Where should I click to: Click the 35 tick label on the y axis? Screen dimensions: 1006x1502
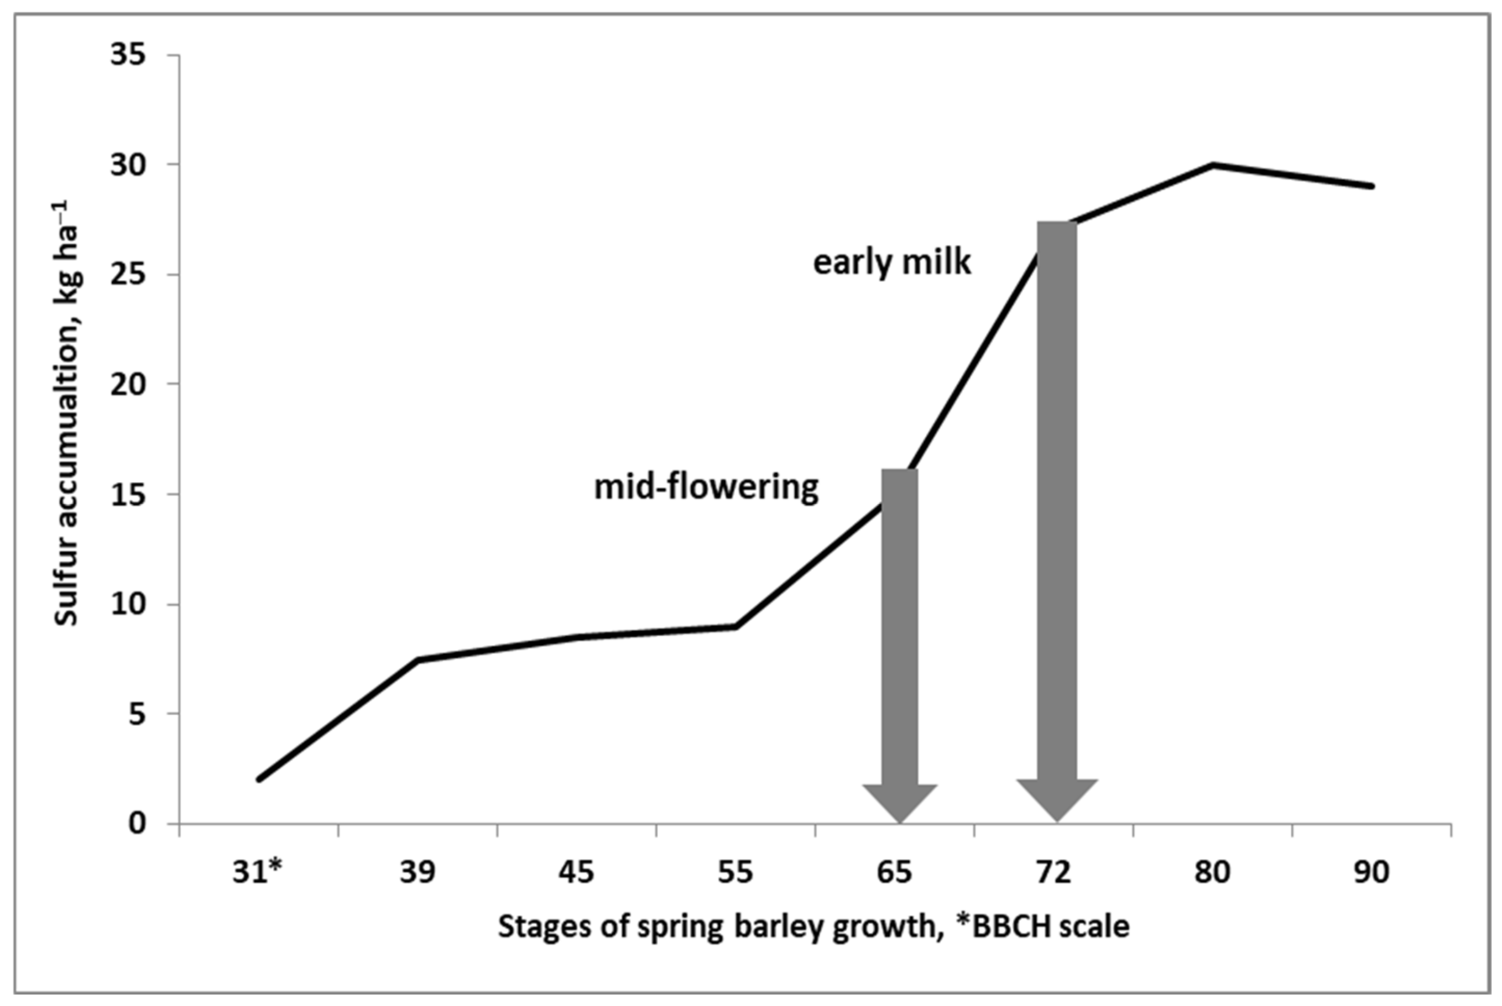tap(128, 55)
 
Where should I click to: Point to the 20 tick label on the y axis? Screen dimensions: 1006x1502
tap(128, 384)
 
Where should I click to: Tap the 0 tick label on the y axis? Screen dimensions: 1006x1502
tap(137, 824)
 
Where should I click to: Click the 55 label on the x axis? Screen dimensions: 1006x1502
tap(736, 873)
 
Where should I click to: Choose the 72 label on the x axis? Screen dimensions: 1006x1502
tap(1054, 873)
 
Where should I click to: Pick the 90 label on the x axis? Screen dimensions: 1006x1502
tap(1371, 873)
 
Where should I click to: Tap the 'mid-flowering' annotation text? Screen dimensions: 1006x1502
tap(706, 488)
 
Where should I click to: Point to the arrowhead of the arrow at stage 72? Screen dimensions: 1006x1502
tap(1057, 799)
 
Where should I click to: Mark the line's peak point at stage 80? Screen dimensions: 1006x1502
tap(1213, 165)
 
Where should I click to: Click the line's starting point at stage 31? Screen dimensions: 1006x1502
tap(259, 779)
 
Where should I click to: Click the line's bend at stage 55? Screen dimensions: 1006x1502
tap(736, 626)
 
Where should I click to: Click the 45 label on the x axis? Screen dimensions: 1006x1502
tap(576, 873)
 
